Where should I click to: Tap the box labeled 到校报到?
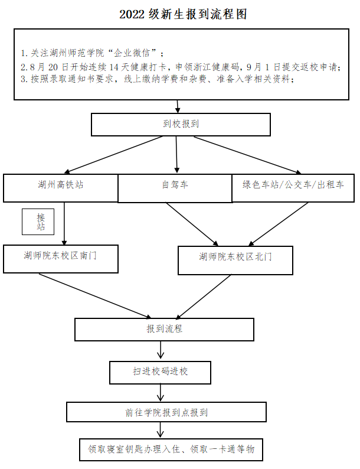pos(181,124)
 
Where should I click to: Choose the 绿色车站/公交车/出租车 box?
pos(293,185)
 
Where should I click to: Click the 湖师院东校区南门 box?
pos(61,256)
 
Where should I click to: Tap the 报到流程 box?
pos(164,329)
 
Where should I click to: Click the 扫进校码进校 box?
pos(160,372)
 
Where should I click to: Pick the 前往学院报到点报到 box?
pos(166,412)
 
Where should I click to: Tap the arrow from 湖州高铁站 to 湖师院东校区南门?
pos(64,223)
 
